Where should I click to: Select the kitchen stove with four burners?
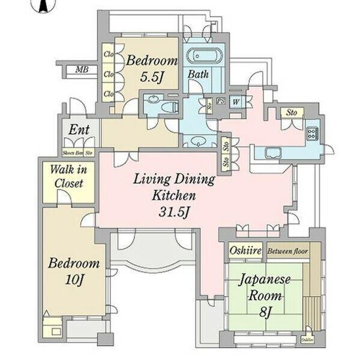[x=313, y=133]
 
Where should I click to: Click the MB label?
[x=82, y=70]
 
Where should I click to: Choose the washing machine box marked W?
[x=236, y=101]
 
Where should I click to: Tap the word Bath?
[x=199, y=75]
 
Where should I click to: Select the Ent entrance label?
[x=79, y=130]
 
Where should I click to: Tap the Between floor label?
[x=287, y=251]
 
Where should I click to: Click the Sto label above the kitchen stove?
[x=292, y=112]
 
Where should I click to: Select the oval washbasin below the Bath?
[x=197, y=142]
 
